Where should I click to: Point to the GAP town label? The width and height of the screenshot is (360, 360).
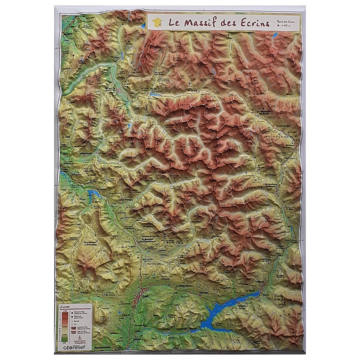point(145,296)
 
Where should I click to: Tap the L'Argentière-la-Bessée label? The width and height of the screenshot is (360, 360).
point(272,186)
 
